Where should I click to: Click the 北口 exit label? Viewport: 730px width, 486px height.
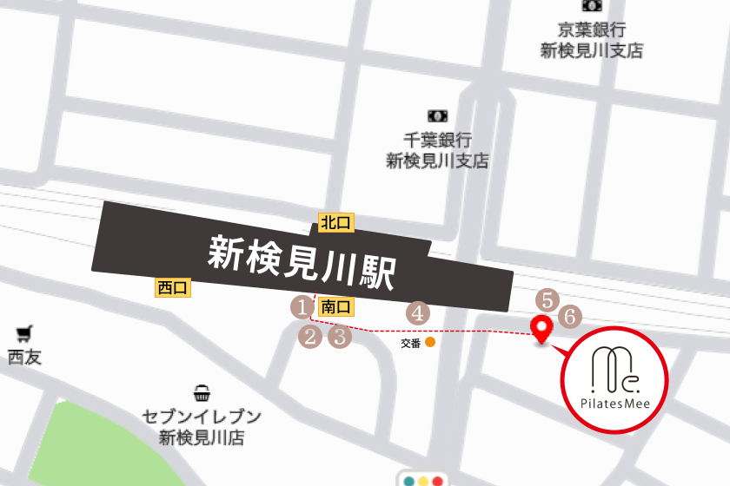pyautogui.click(x=335, y=223)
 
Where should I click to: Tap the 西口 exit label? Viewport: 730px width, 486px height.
pyautogui.click(x=173, y=287)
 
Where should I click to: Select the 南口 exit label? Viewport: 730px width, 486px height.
pyautogui.click(x=335, y=306)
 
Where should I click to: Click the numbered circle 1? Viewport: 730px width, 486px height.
pyautogui.click(x=301, y=306)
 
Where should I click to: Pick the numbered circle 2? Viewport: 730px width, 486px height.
pyautogui.click(x=310, y=336)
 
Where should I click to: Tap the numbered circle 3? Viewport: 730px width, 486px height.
pyautogui.click(x=339, y=336)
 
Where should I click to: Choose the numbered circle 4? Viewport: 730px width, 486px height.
pyautogui.click(x=418, y=312)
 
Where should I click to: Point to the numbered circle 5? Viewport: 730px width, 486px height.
pyautogui.click(x=546, y=300)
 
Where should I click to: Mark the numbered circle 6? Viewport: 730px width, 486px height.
pyautogui.click(x=569, y=317)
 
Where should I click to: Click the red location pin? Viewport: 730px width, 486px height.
pyautogui.click(x=542, y=330)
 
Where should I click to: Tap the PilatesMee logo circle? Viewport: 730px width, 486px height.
pyautogui.click(x=614, y=379)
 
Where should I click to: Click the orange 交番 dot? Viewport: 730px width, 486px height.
pyautogui.click(x=430, y=343)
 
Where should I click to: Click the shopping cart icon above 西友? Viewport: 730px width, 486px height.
pyautogui.click(x=24, y=332)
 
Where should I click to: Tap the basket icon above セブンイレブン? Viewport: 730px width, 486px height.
pyautogui.click(x=202, y=395)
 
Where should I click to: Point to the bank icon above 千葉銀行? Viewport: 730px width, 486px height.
pyautogui.click(x=437, y=115)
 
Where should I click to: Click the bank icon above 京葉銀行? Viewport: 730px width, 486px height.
pyautogui.click(x=592, y=5)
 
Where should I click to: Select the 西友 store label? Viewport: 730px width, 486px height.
pyautogui.click(x=24, y=357)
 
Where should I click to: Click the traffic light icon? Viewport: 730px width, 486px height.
pyautogui.click(x=420, y=479)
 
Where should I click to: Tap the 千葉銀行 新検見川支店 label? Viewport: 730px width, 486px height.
pyautogui.click(x=437, y=149)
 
